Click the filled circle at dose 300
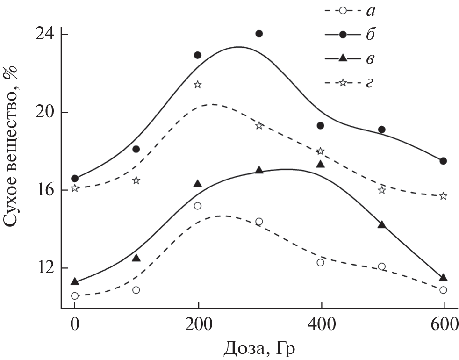(259, 34)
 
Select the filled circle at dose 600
(443, 161)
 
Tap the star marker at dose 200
(198, 85)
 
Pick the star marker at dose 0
(75, 188)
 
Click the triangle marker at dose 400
(320, 164)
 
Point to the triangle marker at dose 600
(443, 278)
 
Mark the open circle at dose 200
(198, 206)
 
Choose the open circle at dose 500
(382, 266)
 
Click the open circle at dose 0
(75, 295)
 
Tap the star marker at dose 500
(382, 190)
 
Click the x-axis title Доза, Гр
(260, 349)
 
